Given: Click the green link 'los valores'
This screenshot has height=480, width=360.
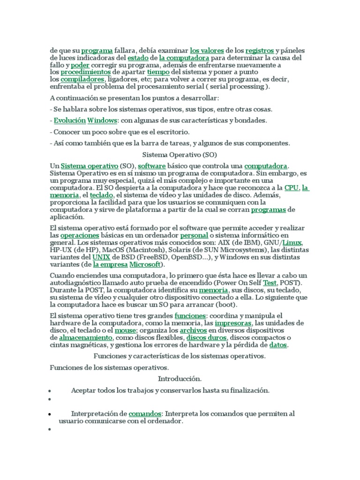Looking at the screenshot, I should point(206,51).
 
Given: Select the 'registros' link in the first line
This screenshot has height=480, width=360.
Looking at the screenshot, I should point(260,51).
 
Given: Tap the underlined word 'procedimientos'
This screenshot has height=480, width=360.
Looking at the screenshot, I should point(85,73).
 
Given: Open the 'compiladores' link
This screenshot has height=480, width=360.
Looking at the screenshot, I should point(82,80).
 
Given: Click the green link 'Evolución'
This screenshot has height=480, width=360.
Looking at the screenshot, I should point(69,120).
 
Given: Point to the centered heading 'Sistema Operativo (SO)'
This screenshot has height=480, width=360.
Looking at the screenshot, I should point(180,154).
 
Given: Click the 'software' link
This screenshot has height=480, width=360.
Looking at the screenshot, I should point(152,166).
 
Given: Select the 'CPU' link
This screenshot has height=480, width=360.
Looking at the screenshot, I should point(291,188).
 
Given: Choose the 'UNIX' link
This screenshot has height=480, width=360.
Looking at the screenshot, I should point(101,257).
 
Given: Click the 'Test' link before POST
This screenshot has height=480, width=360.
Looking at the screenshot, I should point(270,283).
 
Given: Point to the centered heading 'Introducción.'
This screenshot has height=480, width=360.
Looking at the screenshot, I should point(180,378).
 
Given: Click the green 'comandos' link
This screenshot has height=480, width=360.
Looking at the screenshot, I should point(145,414).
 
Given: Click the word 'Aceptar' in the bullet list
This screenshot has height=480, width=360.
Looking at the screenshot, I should point(83,390).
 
